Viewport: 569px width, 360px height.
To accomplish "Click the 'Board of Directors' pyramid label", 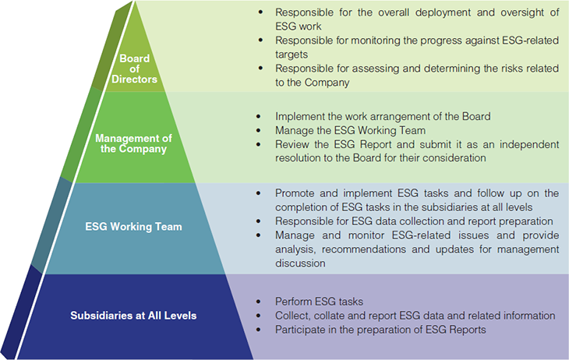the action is [x=134, y=69].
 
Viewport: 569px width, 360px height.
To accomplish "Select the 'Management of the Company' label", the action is [x=133, y=143].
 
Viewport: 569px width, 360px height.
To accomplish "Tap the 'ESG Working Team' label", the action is [x=133, y=227].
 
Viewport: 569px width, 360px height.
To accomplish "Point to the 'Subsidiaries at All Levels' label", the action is [x=133, y=316].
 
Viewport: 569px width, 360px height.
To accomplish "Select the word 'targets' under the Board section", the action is [x=292, y=55].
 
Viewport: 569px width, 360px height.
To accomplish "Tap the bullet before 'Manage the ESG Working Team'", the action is [x=258, y=130].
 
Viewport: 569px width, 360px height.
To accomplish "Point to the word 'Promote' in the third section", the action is [x=295, y=193].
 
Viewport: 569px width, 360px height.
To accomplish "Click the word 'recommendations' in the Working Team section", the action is [x=363, y=249].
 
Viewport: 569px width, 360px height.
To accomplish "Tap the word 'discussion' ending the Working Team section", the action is [x=300, y=263].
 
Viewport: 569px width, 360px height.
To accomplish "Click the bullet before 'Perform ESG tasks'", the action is [x=258, y=302].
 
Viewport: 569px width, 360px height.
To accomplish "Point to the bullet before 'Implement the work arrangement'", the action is [x=258, y=116].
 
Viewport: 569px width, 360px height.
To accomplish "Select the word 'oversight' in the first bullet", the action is [x=523, y=13].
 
